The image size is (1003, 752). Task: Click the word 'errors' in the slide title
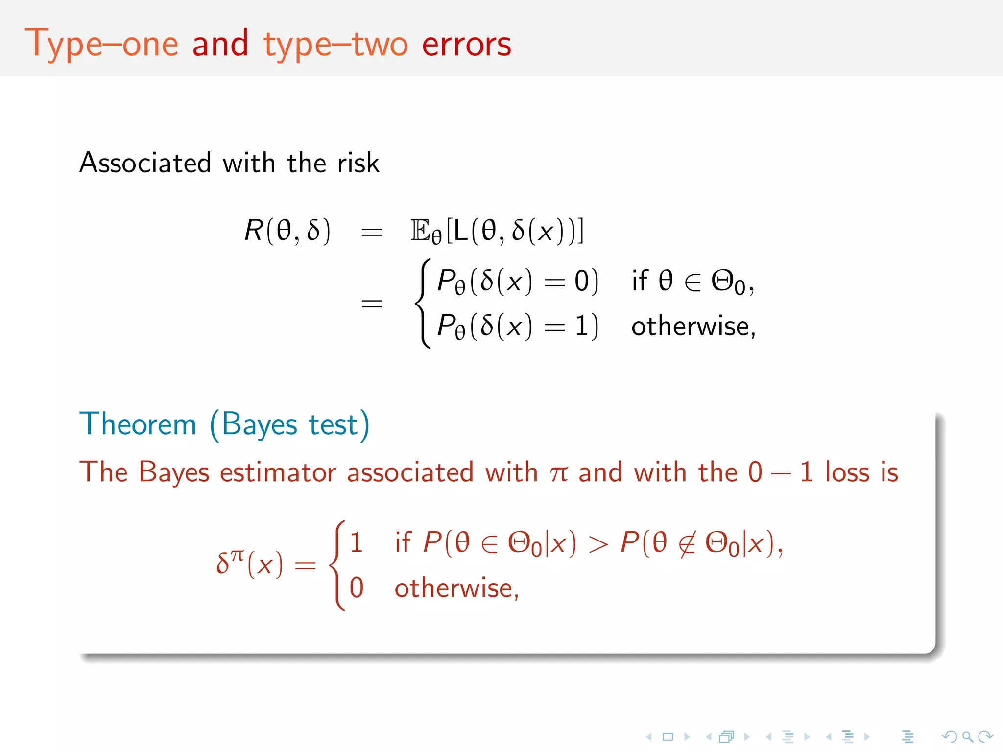pyautogui.click(x=466, y=44)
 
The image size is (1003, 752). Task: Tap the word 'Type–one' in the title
pyautogui.click(x=101, y=44)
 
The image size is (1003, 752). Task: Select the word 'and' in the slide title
pyautogui.click(x=220, y=44)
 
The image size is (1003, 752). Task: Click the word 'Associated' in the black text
pyautogui.click(x=145, y=163)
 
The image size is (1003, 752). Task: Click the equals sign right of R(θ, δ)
pyautogui.click(x=372, y=232)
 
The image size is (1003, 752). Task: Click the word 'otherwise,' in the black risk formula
pyautogui.click(x=693, y=327)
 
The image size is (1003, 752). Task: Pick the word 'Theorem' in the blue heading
pyautogui.click(x=138, y=424)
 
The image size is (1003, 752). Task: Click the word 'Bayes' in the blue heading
pyautogui.click(x=260, y=424)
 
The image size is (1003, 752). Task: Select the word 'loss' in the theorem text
pyautogui.click(x=847, y=472)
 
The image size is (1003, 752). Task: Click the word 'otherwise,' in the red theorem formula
pyautogui.click(x=456, y=588)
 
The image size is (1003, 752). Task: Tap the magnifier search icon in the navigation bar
pyautogui.click(x=967, y=737)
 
